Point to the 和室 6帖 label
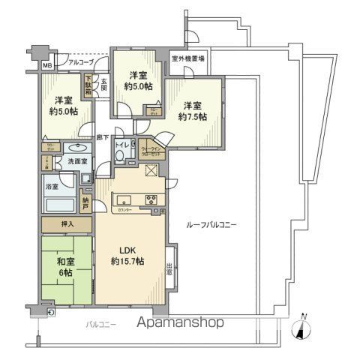[64, 268]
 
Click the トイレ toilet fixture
[120, 155]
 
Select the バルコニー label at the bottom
[93, 325]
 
